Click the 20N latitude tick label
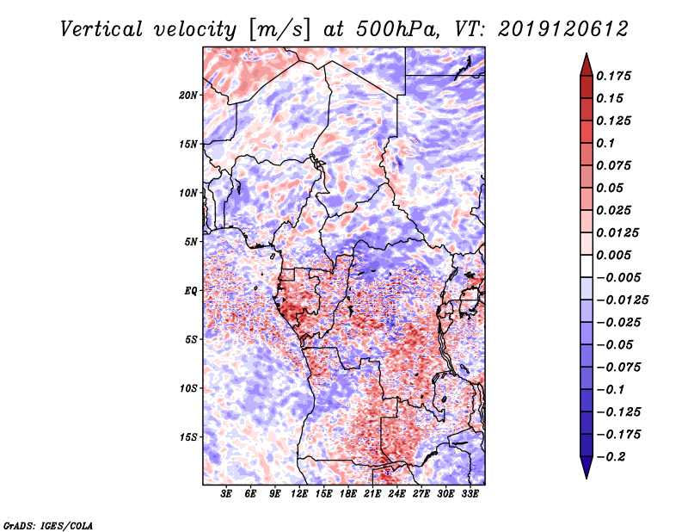click(189, 95)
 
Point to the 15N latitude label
click(189, 144)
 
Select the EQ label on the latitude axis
click(192, 291)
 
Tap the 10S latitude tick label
click(189, 388)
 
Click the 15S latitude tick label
click(189, 437)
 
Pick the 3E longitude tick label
click(227, 494)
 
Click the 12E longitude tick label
click(299, 494)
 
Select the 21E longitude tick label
click(372, 494)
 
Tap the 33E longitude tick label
click(470, 494)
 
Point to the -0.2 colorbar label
click(617, 456)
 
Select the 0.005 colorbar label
click(618, 256)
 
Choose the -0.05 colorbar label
click(617, 344)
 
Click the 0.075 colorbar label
click(618, 165)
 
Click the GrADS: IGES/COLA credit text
click(47, 524)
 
